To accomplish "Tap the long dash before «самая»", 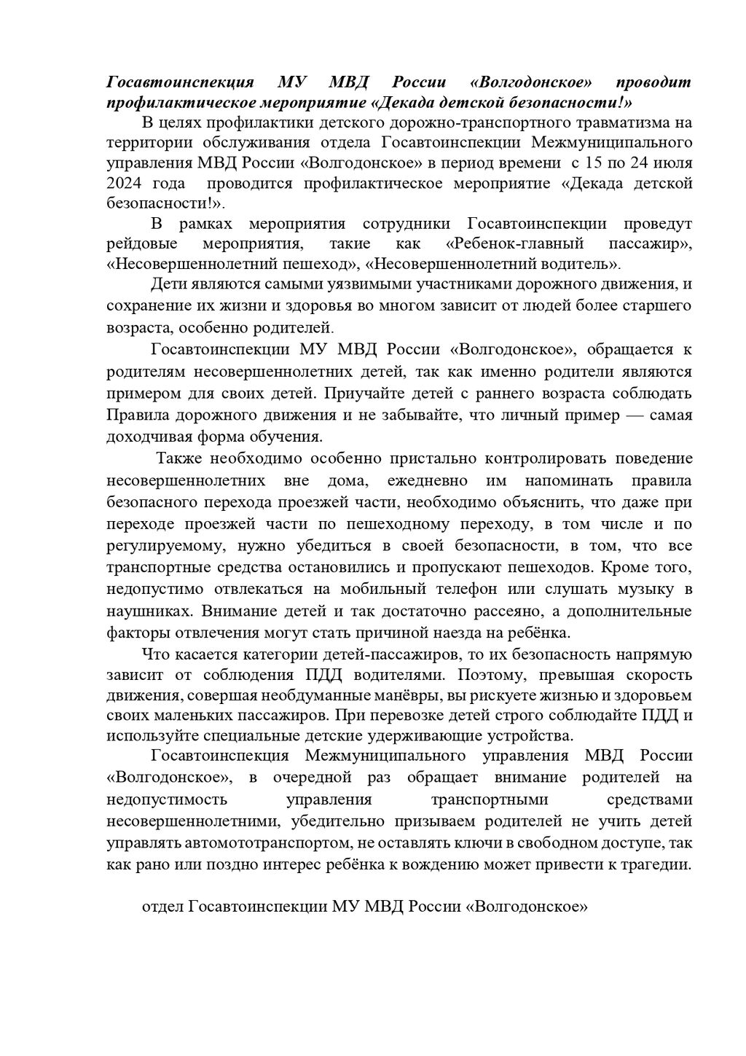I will (619, 415).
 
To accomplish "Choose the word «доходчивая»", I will (150, 437).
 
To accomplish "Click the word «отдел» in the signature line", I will (162, 907).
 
